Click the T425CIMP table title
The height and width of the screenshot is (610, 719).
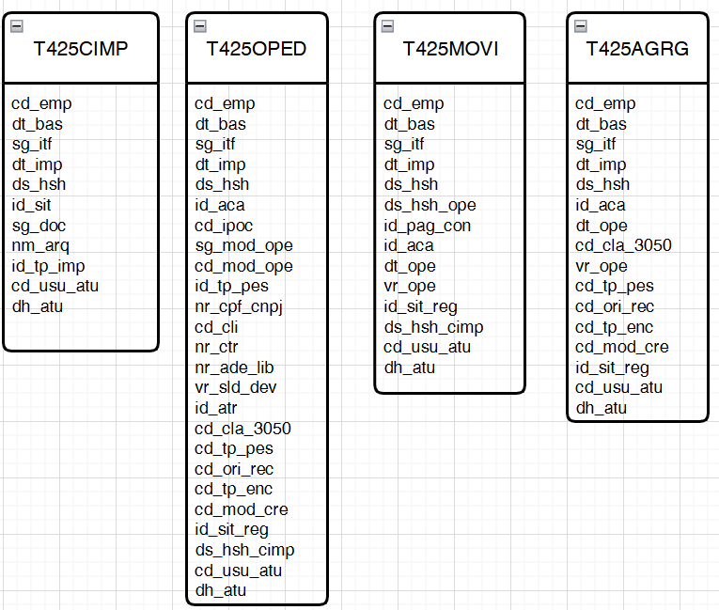coord(81,49)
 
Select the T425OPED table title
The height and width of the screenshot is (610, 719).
coord(257,49)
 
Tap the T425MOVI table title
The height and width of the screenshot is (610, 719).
coord(450,49)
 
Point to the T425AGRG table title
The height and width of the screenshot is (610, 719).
coord(637,49)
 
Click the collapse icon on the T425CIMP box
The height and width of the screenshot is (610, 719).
coord(17,26)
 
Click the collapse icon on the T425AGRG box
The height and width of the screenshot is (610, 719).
coord(581,26)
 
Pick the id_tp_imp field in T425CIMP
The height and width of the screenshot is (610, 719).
coord(48,266)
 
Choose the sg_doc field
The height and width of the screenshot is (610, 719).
coord(39,226)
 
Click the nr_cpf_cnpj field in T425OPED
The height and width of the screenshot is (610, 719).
coord(239,306)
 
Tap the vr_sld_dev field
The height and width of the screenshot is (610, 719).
coord(235,387)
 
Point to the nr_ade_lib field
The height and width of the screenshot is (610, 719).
coord(234,368)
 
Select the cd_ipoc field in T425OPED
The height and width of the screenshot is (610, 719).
coord(224,226)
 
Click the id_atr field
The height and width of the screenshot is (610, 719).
coord(215,408)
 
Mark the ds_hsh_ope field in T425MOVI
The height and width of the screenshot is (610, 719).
coord(430,205)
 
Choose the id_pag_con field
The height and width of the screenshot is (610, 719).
coord(427,226)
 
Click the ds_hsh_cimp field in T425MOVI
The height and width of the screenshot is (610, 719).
coord(433,327)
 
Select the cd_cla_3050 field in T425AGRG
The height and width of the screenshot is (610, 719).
coord(623,245)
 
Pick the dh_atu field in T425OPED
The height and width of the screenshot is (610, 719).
coord(220,590)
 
